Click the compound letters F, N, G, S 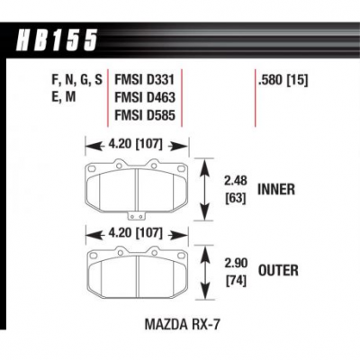[x=77, y=80]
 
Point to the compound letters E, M [x=68, y=98]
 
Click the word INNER [x=276, y=191]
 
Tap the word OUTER [x=277, y=269]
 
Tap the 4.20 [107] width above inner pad [x=135, y=142]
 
